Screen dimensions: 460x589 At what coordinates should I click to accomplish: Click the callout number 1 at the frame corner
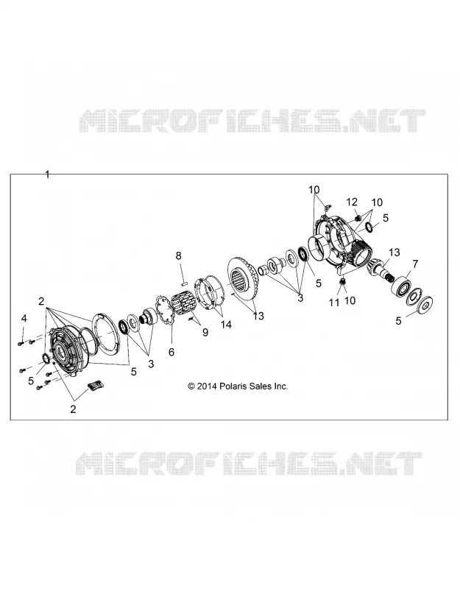47,174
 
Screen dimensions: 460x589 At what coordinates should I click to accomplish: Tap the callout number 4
24,319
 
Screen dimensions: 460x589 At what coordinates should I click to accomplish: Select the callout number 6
171,352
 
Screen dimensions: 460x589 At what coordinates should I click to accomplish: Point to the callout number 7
415,264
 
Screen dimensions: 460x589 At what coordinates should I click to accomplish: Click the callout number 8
178,255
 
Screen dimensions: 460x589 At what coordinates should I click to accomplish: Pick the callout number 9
205,333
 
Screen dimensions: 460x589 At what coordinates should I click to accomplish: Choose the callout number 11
334,303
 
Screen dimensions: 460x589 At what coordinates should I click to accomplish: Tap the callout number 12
352,202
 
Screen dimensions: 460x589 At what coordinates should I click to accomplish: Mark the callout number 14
226,324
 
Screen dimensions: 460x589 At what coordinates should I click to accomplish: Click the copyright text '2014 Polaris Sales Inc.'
242,386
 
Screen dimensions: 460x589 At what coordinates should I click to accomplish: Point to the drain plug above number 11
342,281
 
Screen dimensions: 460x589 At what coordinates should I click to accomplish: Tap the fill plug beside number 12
358,216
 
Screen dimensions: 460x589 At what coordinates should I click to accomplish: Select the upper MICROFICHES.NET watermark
252,121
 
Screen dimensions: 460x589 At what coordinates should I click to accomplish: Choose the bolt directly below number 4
21,342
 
